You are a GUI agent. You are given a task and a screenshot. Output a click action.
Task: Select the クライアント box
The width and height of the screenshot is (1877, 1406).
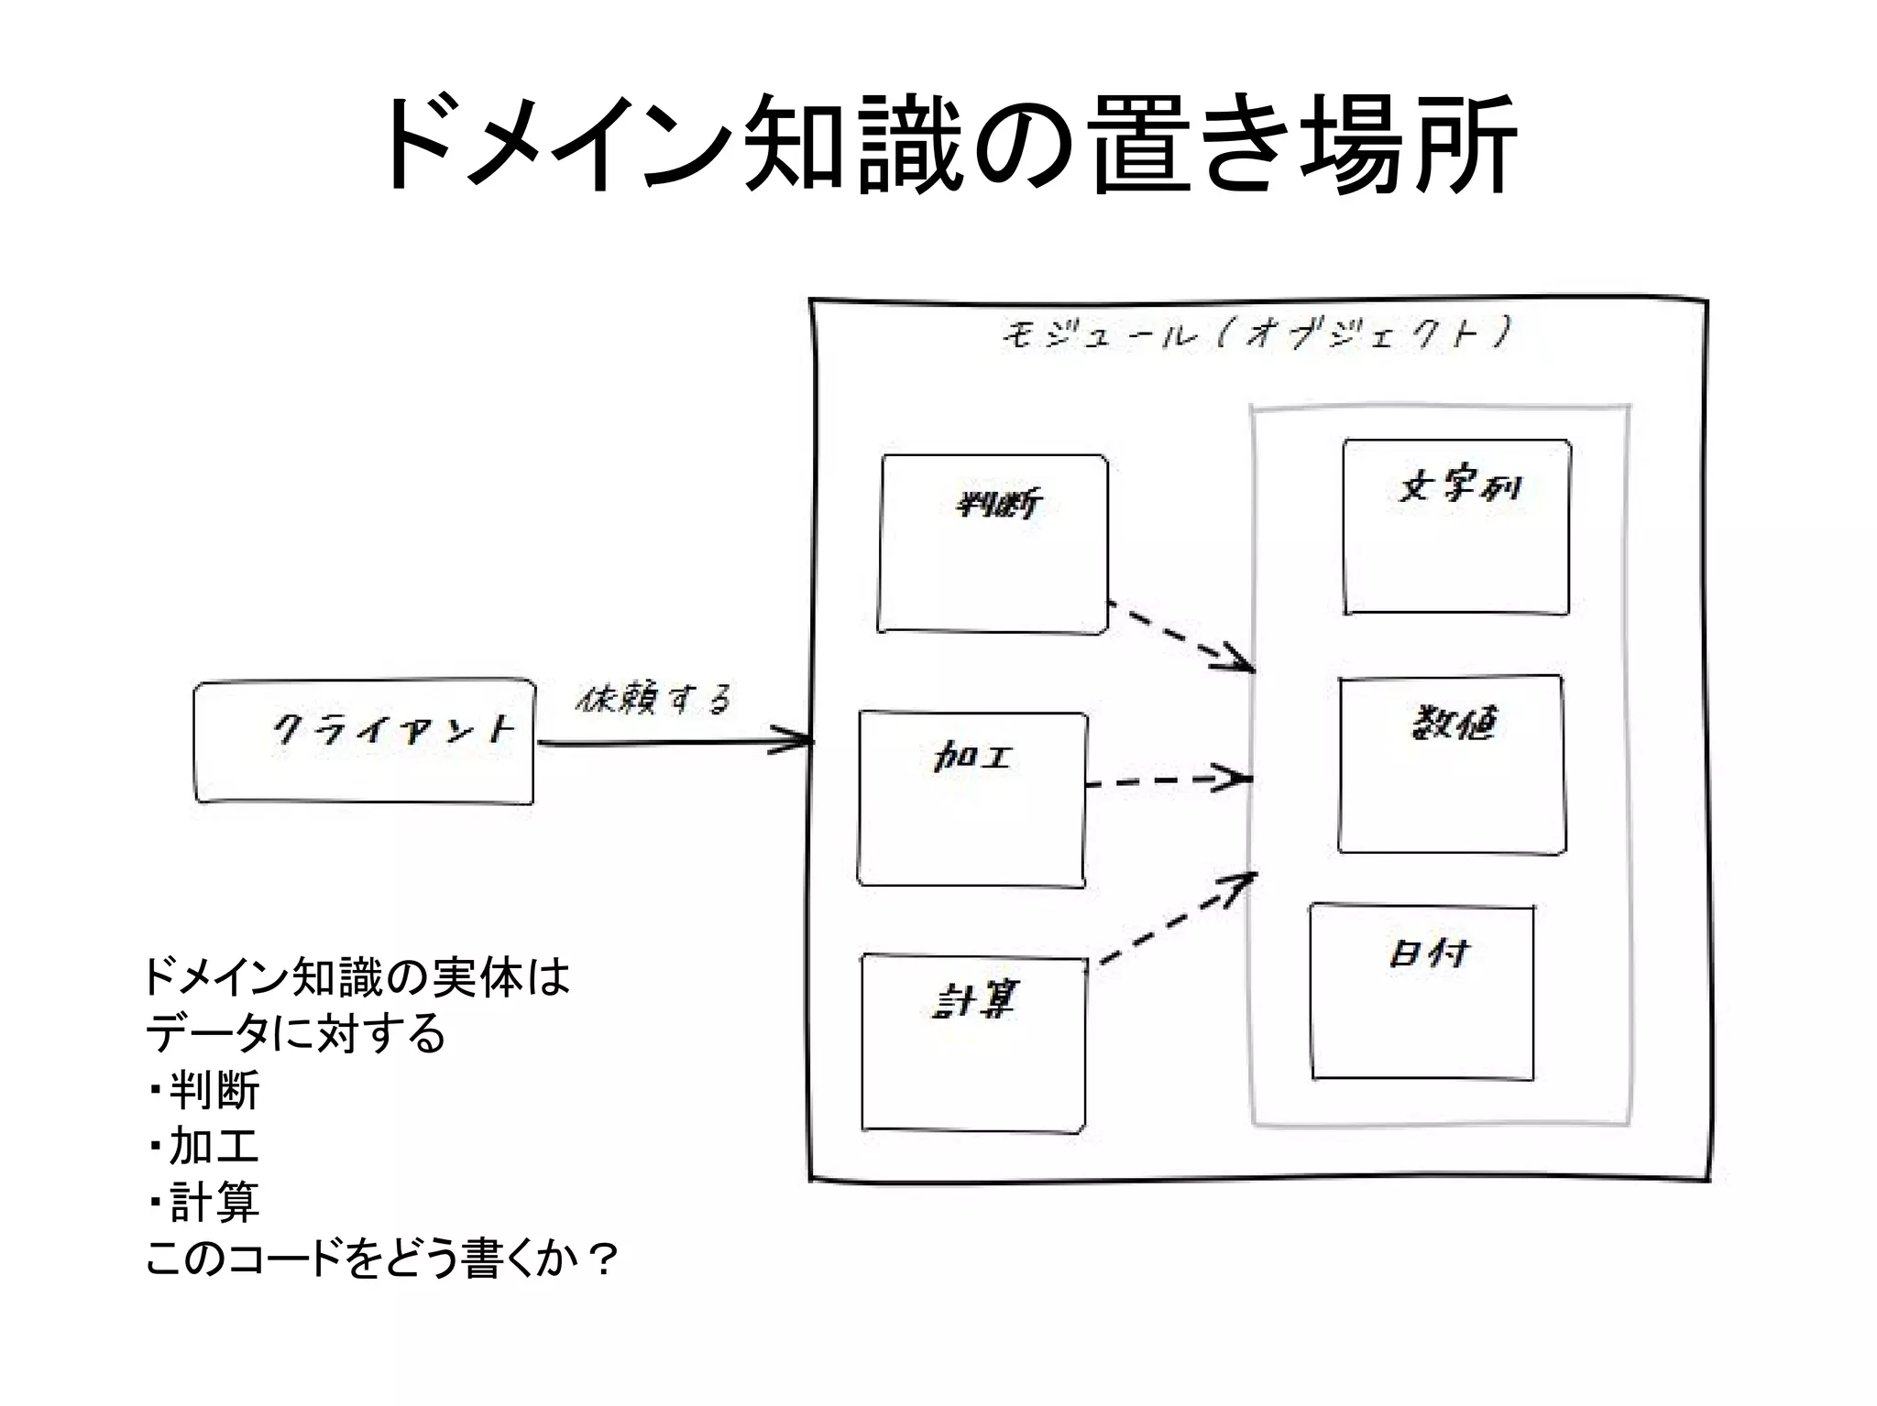pos(364,742)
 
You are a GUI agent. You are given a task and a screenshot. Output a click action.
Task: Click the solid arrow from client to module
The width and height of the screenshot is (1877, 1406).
pos(674,743)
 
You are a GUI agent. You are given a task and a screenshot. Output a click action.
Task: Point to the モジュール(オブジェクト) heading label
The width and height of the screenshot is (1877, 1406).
pos(1255,334)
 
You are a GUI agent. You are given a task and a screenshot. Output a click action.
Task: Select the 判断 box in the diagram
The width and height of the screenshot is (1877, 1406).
pos(993,544)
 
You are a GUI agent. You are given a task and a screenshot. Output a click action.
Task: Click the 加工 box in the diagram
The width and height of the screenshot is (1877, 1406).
pos(972,799)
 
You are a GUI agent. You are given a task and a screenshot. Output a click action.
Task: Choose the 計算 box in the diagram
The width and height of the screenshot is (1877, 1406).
pos(973,1043)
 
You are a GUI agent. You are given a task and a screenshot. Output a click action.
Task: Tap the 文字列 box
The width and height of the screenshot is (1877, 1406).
pos(1457,527)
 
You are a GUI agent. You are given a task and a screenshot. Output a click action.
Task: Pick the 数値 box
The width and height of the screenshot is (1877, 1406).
pos(1452,765)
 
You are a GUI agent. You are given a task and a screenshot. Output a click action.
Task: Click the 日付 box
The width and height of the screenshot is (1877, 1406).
pos(1422,992)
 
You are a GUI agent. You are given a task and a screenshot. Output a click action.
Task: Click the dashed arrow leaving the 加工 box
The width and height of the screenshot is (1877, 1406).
pos(1169,781)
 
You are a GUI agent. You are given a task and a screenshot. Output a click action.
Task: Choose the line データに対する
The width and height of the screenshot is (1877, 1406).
pos(295,1034)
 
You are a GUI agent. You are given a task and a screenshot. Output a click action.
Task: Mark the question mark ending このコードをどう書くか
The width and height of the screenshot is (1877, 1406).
pos(603,1259)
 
